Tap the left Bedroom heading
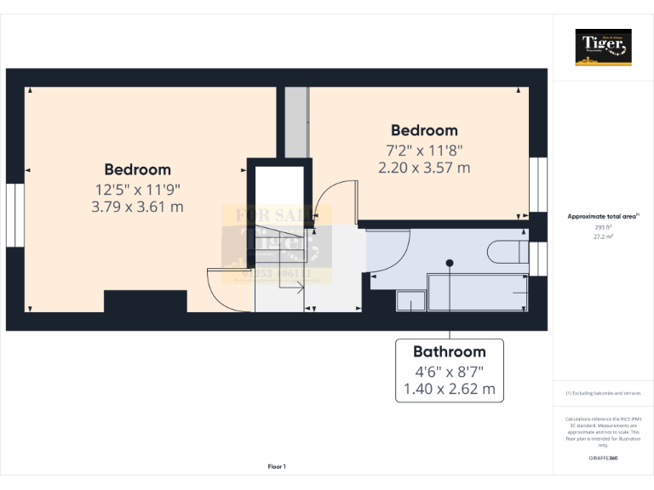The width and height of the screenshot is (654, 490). tap(137, 169)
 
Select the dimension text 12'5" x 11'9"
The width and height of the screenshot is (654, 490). tap(137, 188)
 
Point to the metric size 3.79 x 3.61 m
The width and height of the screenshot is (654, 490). tap(137, 206)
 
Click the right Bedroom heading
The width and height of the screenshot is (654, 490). tap(424, 130)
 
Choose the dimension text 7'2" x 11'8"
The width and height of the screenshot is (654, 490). tap(424, 150)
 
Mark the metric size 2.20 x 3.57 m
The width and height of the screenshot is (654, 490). tap(424, 168)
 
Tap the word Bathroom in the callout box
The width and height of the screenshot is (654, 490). tap(450, 351)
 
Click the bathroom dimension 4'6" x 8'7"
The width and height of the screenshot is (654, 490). tap(450, 371)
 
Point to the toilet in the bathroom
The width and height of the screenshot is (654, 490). tap(508, 252)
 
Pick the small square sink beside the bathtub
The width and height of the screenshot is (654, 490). tap(410, 300)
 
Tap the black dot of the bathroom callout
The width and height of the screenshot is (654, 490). tap(450, 263)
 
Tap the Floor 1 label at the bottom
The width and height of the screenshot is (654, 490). tap(277, 466)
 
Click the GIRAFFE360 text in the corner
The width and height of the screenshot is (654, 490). tap(603, 458)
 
